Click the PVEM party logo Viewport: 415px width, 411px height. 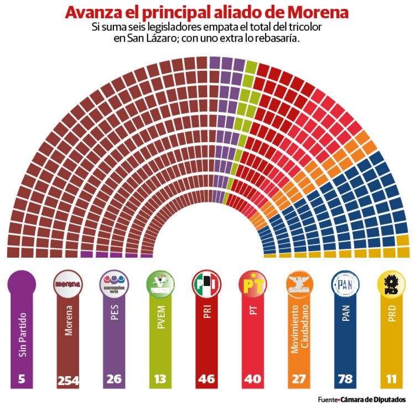[160, 284]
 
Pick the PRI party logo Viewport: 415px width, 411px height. [207, 284]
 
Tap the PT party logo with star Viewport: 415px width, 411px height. [253, 284]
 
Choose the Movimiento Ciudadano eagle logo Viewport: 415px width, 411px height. [299, 284]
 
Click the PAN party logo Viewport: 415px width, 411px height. [346, 284]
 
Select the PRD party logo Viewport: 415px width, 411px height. [392, 284]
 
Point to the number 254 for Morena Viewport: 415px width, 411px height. [68, 381]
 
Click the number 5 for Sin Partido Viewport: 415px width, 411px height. [22, 381]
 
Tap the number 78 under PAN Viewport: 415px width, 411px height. [346, 381]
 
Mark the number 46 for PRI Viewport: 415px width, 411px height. [207, 381]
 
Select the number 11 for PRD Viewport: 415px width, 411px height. [392, 381]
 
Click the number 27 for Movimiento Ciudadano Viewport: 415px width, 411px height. [299, 381]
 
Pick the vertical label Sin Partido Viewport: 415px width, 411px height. [22, 335]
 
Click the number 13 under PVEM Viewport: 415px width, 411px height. [160, 381]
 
